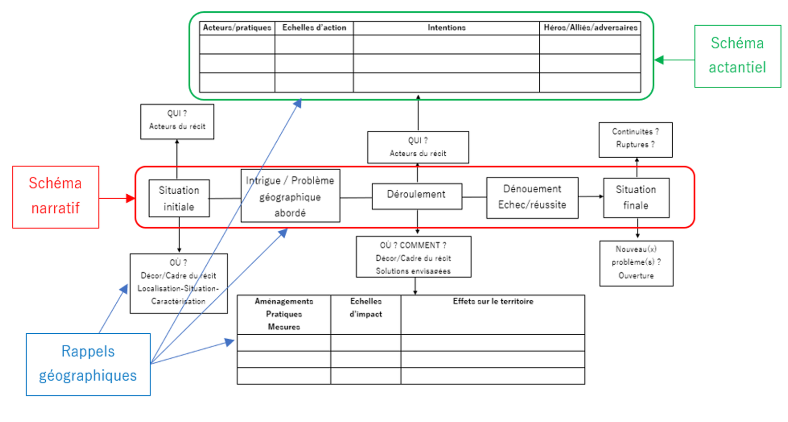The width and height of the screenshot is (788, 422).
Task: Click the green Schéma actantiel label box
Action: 737,56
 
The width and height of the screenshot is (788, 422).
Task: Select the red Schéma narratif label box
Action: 56,197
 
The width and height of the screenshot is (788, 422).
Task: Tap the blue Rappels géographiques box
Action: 88,364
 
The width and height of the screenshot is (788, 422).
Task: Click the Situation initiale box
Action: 179,198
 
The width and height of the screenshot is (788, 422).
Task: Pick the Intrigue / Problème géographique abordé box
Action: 290,196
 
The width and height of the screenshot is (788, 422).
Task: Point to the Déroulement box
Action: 417,196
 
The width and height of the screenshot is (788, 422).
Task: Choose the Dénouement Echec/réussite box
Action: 532,198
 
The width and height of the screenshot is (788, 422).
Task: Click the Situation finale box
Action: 636,198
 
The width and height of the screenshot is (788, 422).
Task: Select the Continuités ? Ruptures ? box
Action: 635,140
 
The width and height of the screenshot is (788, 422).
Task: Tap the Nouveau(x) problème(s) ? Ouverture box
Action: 636,263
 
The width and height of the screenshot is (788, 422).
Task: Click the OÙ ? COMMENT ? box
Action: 413,257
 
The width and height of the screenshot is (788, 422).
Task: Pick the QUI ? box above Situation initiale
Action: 177,121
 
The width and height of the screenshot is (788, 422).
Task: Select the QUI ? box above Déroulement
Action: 418,147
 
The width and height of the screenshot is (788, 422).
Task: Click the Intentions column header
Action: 446,28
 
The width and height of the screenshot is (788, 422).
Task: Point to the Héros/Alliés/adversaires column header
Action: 590,28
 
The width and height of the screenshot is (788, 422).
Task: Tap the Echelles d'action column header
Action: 314,28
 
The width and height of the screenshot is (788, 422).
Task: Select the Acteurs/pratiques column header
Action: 237,28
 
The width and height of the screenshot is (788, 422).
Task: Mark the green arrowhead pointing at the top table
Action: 659,60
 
